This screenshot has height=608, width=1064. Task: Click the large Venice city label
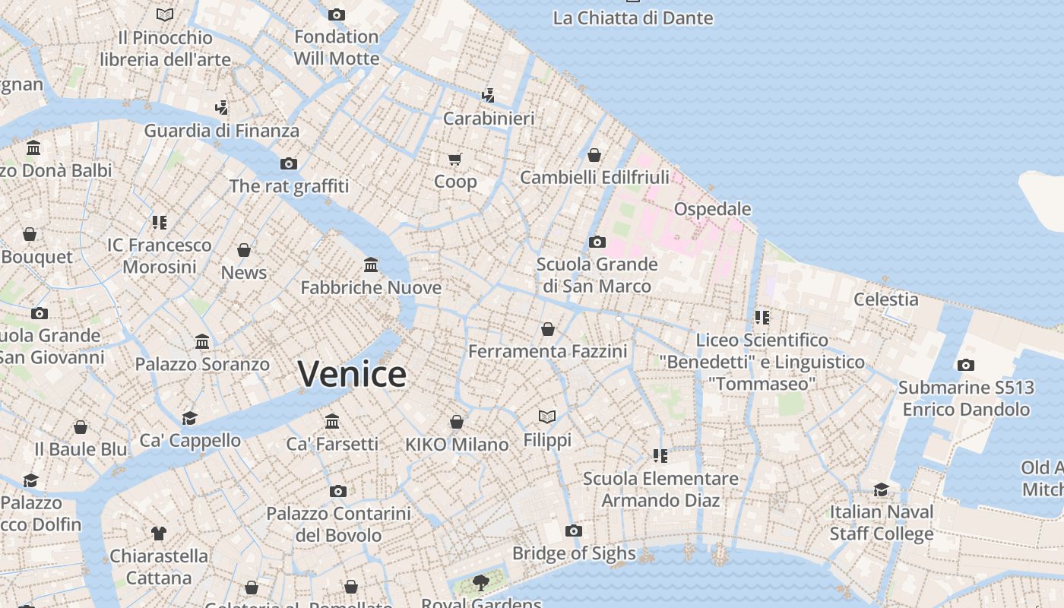click(352, 374)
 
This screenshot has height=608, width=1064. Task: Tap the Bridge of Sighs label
click(574, 553)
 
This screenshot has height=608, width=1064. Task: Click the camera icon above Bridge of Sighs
click(574, 530)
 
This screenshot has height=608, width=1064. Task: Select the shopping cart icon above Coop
click(454, 159)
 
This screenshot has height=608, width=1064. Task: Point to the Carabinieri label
click(489, 119)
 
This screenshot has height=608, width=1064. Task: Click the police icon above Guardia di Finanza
click(221, 107)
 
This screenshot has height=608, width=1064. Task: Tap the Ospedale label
click(712, 209)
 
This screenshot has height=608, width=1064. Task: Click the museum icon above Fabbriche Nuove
click(371, 264)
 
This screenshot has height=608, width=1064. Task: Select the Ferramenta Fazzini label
click(547, 351)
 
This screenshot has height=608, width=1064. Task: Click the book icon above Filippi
click(547, 416)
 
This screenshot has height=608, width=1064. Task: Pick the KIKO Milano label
click(457, 445)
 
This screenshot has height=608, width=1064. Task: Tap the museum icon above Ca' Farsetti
click(332, 421)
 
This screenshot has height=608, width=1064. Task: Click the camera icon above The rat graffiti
click(289, 163)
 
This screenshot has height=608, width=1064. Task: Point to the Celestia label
click(885, 299)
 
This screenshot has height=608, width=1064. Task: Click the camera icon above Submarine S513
click(965, 365)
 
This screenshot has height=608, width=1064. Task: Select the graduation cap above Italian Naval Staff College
click(881, 489)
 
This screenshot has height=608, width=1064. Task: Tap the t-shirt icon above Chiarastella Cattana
click(158, 533)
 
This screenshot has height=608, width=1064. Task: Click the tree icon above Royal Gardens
click(480, 583)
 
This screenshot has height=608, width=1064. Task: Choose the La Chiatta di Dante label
click(632, 17)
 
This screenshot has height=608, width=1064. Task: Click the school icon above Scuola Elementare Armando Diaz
click(660, 455)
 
